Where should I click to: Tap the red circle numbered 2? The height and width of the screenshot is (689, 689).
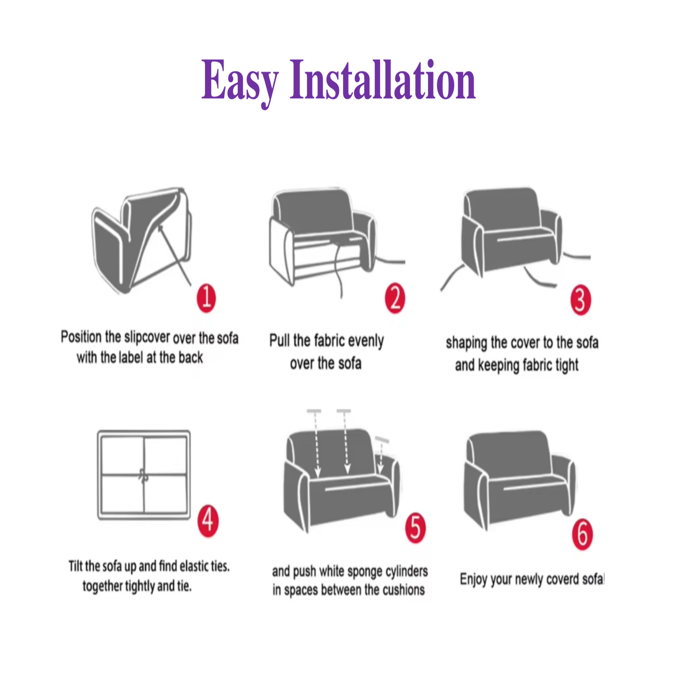(395, 299)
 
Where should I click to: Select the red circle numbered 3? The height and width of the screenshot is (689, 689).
(580, 300)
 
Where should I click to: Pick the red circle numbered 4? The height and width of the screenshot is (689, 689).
(208, 521)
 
